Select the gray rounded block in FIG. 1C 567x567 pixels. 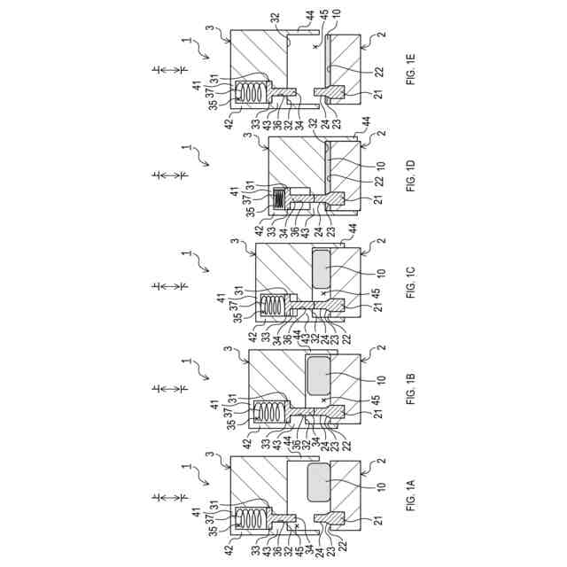[323, 268]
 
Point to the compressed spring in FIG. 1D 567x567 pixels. [277, 200]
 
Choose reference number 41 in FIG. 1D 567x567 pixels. [235, 191]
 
